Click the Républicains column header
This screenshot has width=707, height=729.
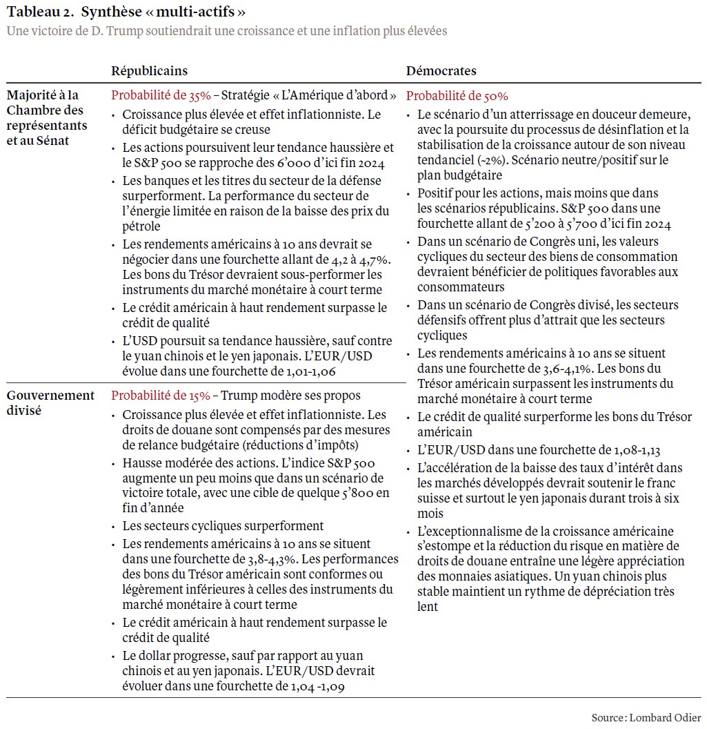[x=150, y=71]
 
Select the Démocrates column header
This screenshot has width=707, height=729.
[x=441, y=71]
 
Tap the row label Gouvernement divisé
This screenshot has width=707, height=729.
[x=50, y=402]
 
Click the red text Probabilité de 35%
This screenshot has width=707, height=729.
[x=161, y=96]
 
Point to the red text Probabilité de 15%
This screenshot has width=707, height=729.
[x=161, y=396]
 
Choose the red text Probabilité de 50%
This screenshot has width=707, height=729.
[x=457, y=96]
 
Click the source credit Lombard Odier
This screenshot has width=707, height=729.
[x=665, y=717]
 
